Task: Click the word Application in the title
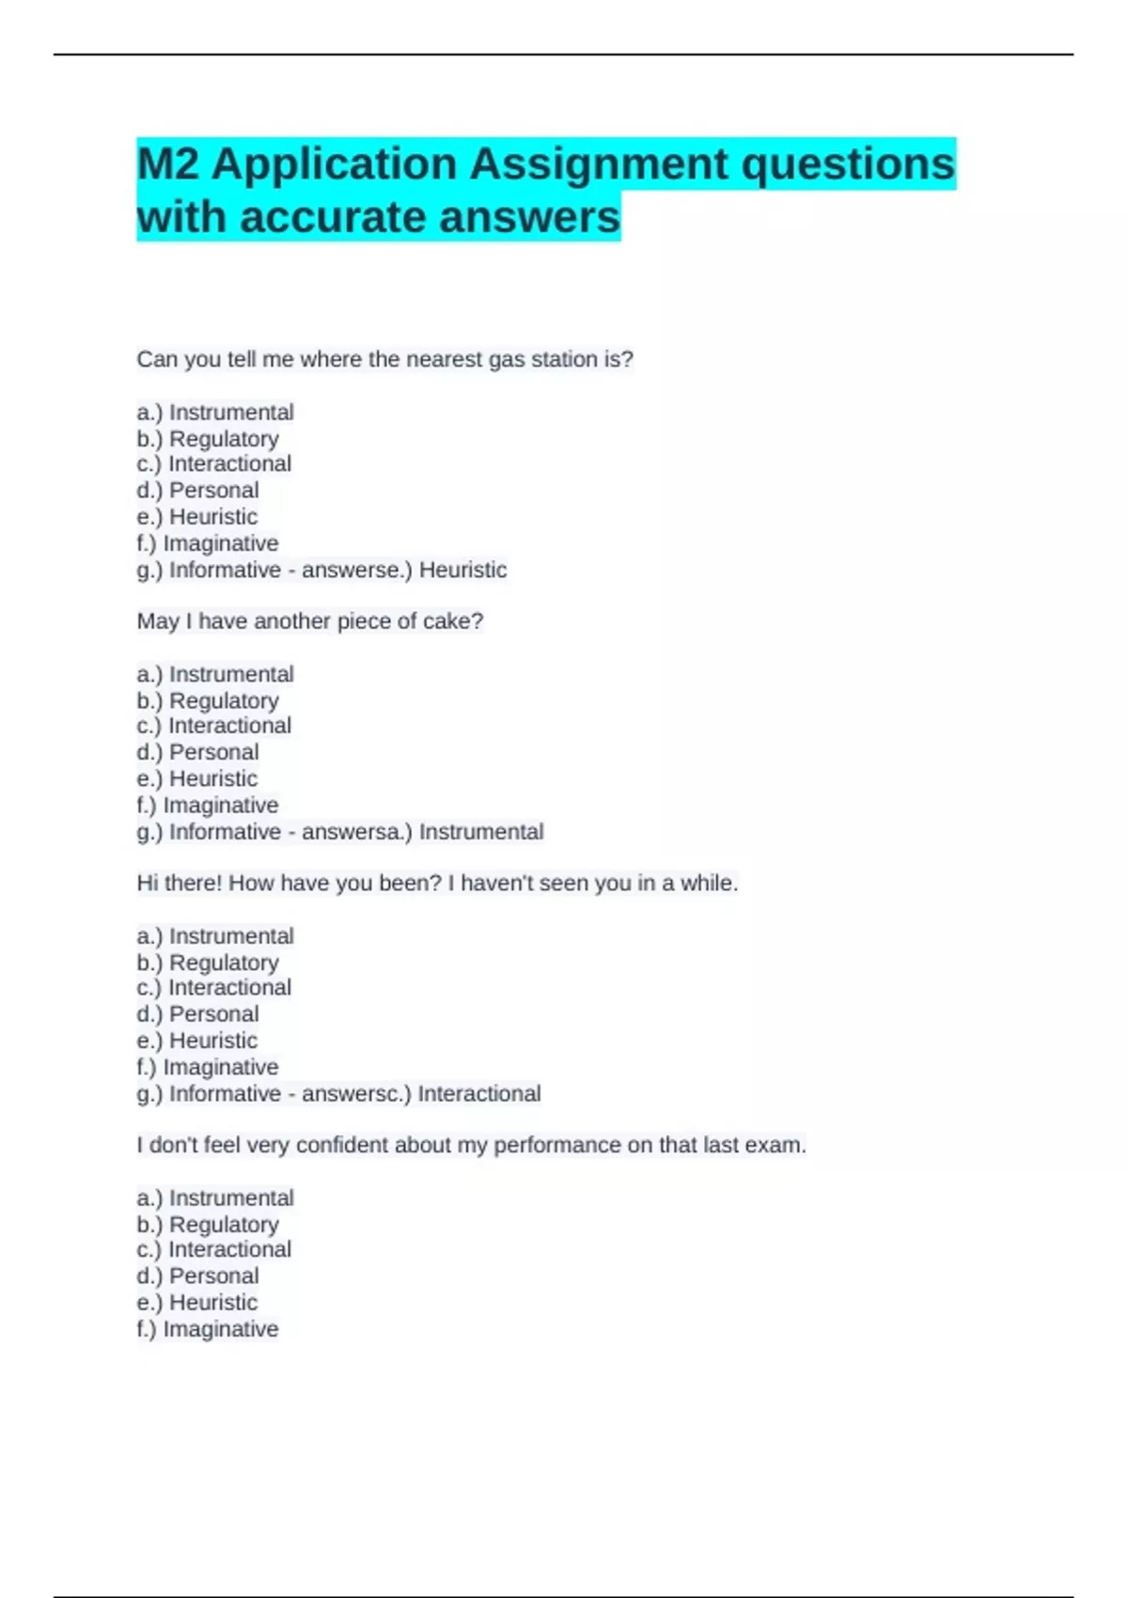point(335,165)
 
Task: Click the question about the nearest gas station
point(384,359)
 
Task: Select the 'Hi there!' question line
point(437,884)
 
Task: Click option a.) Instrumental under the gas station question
point(215,413)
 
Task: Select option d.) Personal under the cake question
point(197,753)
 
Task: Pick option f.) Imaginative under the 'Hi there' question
point(208,1068)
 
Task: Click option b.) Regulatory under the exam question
point(208,1225)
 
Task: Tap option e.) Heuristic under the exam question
point(196,1303)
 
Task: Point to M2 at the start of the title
point(168,165)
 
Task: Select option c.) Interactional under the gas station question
point(214,464)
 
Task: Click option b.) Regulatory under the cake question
point(208,701)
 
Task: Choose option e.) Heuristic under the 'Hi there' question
point(196,1042)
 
